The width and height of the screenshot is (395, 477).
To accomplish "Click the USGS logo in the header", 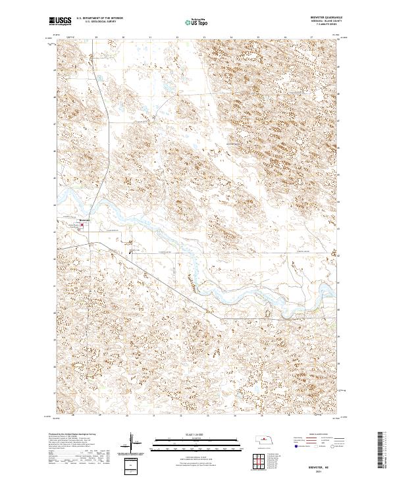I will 60,21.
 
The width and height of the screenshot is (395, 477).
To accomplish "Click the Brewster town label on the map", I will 84,220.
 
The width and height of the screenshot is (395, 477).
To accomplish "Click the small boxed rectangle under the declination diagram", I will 132,466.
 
